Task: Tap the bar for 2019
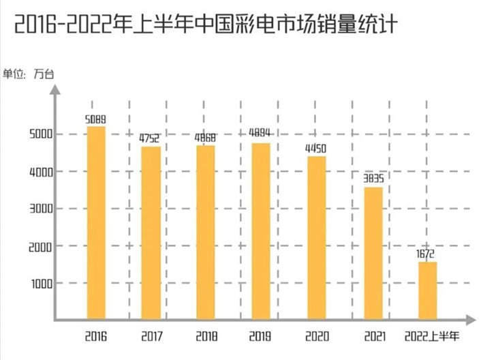pyautogui.click(x=260, y=231)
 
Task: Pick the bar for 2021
pyautogui.click(x=373, y=253)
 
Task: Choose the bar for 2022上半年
pyautogui.click(x=427, y=290)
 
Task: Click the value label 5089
pyautogui.click(x=95, y=119)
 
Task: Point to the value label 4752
pyautogui.click(x=150, y=138)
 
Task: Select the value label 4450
pyautogui.click(x=315, y=149)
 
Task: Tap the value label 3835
pyautogui.click(x=372, y=179)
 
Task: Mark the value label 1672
pyautogui.click(x=427, y=254)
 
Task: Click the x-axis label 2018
pyautogui.click(x=205, y=336)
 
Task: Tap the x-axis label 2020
pyautogui.click(x=317, y=336)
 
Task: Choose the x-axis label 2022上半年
pyautogui.click(x=431, y=336)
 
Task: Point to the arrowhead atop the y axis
pyautogui.click(x=56, y=89)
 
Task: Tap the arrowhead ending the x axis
pyautogui.click(x=470, y=319)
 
